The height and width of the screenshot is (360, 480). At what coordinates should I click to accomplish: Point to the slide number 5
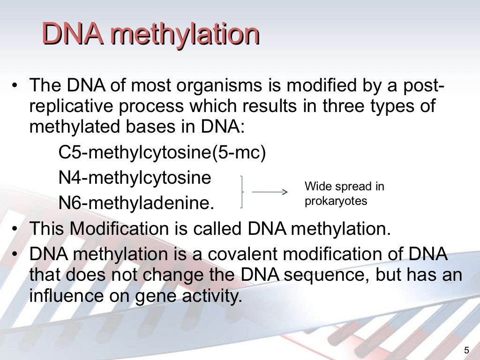click(466, 349)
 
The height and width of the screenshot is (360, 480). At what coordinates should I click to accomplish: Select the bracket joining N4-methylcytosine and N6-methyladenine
click(241, 192)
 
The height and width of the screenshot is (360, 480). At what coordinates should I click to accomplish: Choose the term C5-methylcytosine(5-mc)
click(162, 153)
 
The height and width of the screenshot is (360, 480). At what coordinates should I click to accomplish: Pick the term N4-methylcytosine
click(135, 178)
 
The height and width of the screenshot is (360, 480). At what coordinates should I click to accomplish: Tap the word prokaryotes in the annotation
click(336, 201)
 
